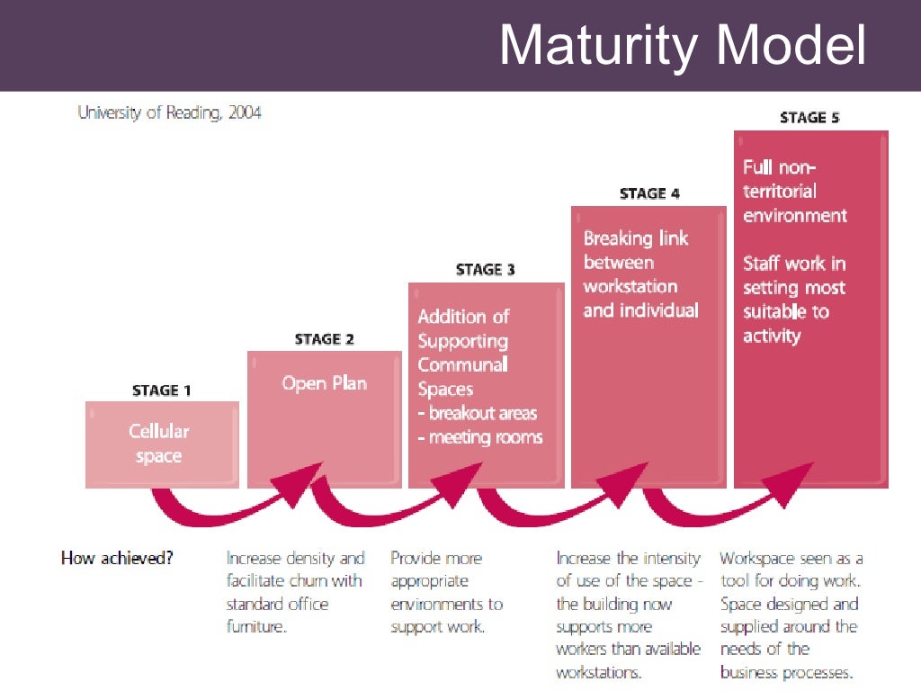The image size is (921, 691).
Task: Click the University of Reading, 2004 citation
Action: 169,113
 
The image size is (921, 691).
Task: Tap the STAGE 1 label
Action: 162,390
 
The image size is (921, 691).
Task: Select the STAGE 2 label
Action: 324,339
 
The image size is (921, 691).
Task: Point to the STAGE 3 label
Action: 486,270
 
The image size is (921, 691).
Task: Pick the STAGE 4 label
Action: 649,193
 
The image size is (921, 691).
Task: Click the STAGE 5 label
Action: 809,117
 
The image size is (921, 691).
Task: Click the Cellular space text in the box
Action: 159,444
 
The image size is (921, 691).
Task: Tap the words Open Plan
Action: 324,383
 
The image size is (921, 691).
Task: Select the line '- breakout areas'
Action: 477,414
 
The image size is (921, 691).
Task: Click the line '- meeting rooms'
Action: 479,438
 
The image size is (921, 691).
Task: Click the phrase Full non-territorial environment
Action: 794,192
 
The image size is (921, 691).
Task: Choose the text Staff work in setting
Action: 794,276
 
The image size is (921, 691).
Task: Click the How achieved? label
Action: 117,558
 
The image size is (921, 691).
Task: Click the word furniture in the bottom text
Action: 256,627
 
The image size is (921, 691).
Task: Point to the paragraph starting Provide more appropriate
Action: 445,592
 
